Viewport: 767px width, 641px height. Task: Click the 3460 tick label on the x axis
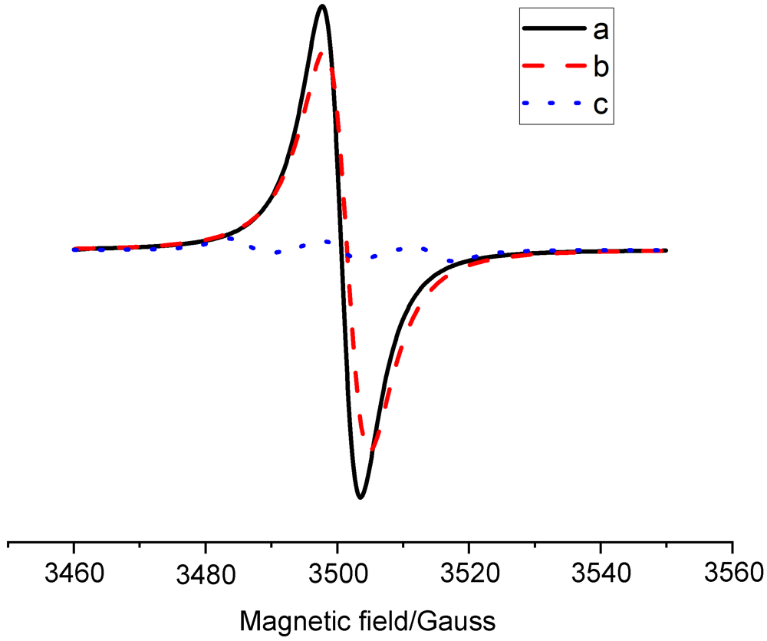(x=74, y=572)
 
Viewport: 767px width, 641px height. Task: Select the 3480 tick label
(x=206, y=572)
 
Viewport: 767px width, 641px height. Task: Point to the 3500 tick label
(x=337, y=572)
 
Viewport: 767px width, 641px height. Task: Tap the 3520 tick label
(x=469, y=572)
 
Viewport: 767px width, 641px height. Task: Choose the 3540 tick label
(x=601, y=572)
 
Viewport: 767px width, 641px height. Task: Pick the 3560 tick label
(x=732, y=572)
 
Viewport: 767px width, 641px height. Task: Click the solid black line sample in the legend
(x=549, y=30)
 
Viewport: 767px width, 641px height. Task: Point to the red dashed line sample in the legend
(x=549, y=67)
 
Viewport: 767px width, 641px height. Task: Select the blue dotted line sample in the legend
(x=549, y=104)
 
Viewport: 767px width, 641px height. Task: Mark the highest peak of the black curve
(x=322, y=7)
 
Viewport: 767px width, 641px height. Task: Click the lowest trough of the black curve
(x=360, y=497)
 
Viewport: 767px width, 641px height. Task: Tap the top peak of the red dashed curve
(x=321, y=52)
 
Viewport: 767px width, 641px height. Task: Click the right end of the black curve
(x=666, y=250)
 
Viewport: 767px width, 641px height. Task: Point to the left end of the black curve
(x=74, y=249)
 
